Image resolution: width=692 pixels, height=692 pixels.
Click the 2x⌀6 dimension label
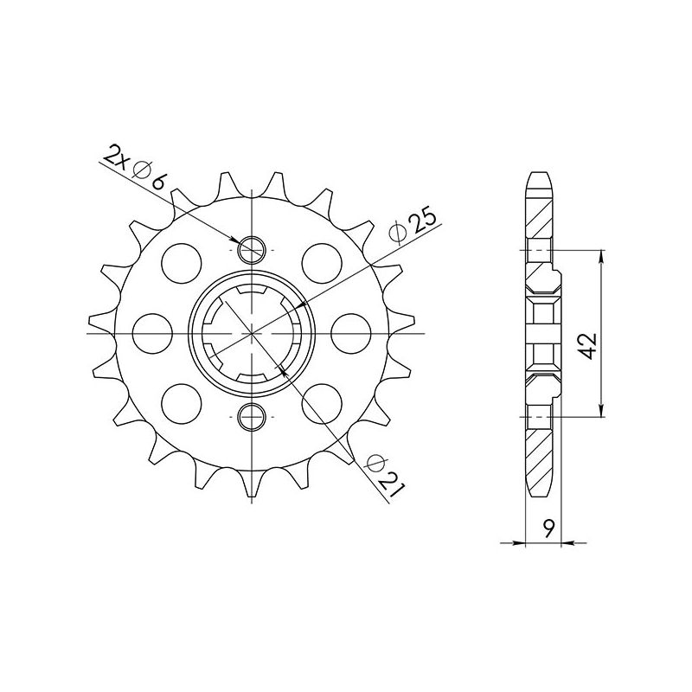(135, 169)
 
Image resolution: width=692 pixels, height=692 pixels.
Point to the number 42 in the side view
(588, 346)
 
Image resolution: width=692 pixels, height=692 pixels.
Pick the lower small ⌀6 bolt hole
(251, 416)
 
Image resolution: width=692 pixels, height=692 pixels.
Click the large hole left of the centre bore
(155, 333)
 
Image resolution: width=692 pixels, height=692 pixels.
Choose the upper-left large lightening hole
(182, 259)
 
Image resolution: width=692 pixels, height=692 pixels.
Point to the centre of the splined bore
(251, 333)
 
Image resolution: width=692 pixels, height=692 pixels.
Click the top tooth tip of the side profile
(539, 176)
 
